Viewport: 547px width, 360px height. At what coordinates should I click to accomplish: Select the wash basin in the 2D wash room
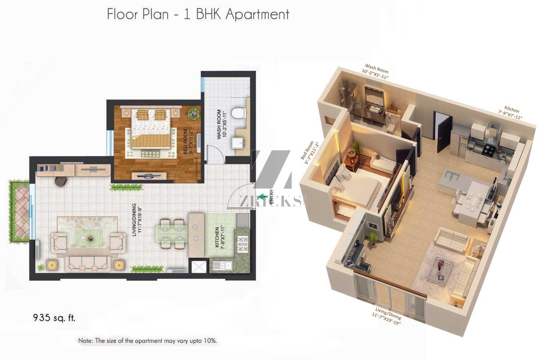point(238,143)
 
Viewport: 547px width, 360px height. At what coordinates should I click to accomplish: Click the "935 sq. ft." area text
point(54,317)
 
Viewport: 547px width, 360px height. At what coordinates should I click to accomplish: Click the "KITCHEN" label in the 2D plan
point(217,237)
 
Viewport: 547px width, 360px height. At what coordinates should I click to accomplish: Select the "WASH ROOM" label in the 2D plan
point(219,124)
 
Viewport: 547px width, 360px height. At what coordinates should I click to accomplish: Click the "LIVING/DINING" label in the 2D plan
point(134,220)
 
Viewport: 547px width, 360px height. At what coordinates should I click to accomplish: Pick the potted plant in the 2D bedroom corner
point(194,113)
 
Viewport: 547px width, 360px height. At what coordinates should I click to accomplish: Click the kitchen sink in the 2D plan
point(222,265)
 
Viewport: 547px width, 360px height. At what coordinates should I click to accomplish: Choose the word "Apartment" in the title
point(257,15)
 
